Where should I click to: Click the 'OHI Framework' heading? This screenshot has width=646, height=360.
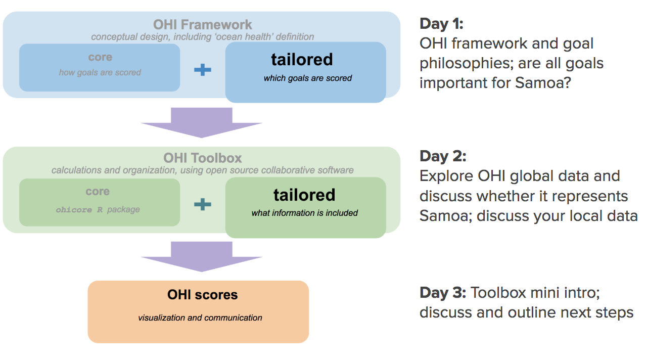(203, 24)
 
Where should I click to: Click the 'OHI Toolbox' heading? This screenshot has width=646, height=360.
(203, 158)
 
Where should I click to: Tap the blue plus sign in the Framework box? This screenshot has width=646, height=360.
(203, 70)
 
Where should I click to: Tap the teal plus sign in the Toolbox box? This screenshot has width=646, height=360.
(203, 204)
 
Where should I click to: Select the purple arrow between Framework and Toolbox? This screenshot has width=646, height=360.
(202, 122)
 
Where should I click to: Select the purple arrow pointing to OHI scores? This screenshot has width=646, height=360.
(202, 256)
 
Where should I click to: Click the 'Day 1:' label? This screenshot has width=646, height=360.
(441, 24)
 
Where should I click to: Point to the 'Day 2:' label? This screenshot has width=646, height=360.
(443, 156)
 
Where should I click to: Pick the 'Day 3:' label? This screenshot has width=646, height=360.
(443, 292)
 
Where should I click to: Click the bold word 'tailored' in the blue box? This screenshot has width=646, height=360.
(302, 60)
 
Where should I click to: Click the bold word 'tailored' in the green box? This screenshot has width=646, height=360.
(304, 195)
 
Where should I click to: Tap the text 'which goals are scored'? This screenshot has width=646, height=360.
(308, 78)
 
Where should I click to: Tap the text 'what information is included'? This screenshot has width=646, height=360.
(304, 213)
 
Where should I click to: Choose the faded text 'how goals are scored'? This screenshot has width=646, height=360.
(100, 72)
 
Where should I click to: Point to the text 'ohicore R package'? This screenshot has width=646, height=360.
(98, 209)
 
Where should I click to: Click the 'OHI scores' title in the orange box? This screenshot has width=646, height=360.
(203, 294)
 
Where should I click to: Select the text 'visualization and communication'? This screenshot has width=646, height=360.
(200, 318)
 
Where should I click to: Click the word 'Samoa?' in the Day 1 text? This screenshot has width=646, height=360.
(543, 82)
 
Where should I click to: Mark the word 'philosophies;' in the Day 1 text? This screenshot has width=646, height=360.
(467, 64)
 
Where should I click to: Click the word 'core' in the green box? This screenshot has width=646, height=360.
(98, 191)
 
